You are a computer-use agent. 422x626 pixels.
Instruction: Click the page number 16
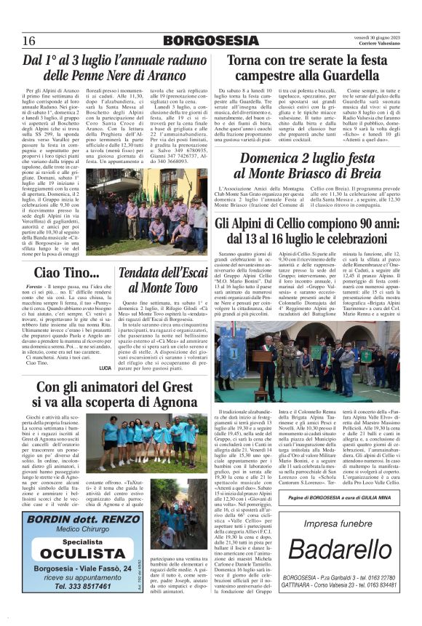[29, 39]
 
